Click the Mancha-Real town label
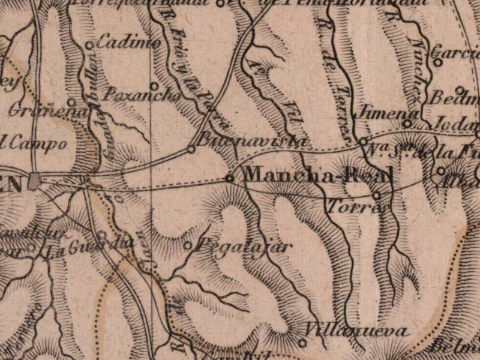pos(319,175)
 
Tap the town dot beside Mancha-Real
pos(229,178)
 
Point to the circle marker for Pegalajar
pos(187,245)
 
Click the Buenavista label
pos(252,142)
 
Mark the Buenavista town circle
pos(191,149)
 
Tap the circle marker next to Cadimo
pos(89,45)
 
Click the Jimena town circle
pos(407,124)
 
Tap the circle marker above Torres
pos(376,195)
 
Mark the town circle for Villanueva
pos(302,343)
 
